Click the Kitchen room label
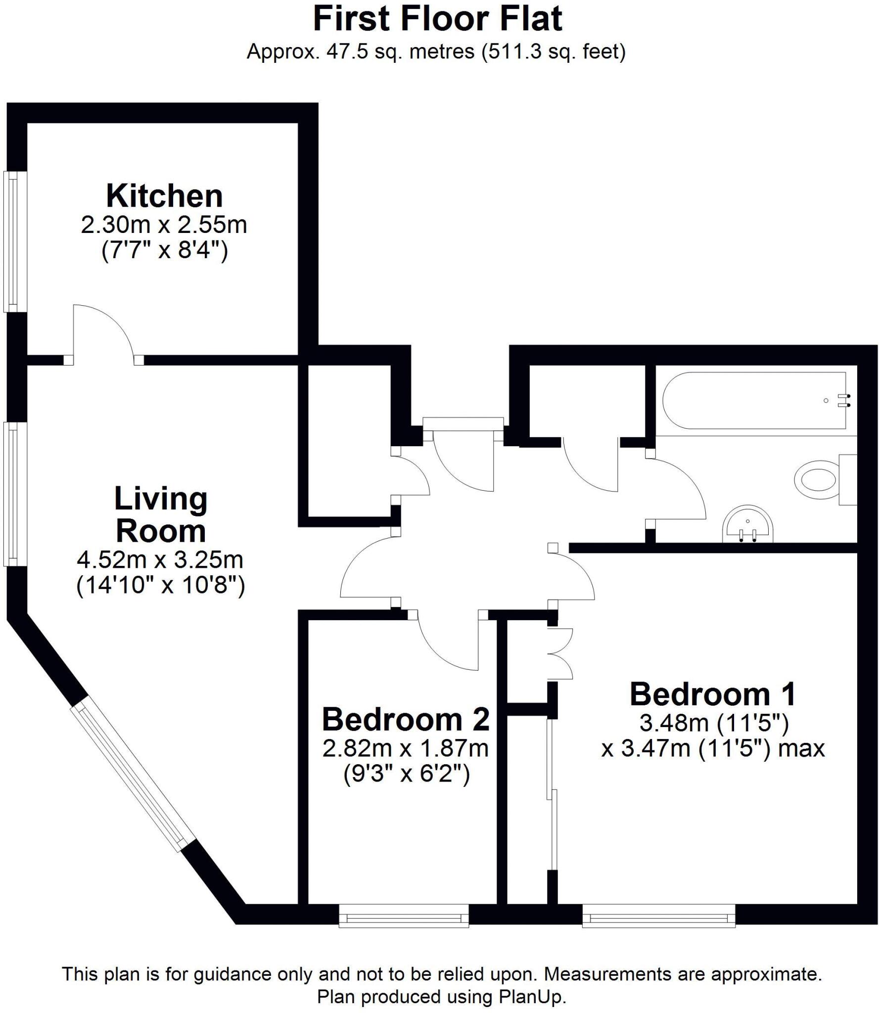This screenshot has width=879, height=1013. click(x=164, y=196)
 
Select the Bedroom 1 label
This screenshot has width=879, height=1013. click(x=712, y=694)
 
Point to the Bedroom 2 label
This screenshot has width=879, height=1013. click(x=406, y=719)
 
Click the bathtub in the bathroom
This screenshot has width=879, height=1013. click(x=754, y=400)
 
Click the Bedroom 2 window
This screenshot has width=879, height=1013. click(x=404, y=918)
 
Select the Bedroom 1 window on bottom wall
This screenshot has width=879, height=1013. click(x=658, y=918)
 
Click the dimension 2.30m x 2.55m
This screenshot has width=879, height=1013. click(x=164, y=225)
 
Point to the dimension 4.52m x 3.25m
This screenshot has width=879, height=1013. click(x=160, y=560)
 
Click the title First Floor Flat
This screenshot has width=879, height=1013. click(x=438, y=20)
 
